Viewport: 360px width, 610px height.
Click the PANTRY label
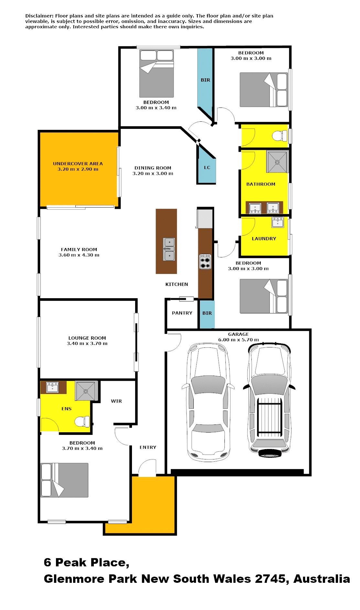[x=182, y=313]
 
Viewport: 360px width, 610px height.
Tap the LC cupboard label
[x=207, y=167]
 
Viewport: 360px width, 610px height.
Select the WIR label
[x=116, y=401]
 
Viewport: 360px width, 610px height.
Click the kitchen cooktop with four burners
[x=205, y=262]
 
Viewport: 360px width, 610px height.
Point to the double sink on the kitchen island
[x=169, y=249]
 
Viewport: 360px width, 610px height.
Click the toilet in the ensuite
[x=82, y=422]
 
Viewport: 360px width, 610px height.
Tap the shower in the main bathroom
[x=277, y=162]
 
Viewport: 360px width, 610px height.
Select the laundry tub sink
[x=278, y=222]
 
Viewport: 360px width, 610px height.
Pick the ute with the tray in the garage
[x=269, y=400]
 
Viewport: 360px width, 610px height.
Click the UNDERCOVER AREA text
[x=78, y=164]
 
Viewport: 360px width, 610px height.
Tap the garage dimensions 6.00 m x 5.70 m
[x=238, y=340]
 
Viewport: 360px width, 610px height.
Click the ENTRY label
[x=148, y=447]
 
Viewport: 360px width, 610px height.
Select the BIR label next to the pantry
[x=207, y=313]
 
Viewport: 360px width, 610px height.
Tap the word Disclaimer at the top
[x=39, y=16]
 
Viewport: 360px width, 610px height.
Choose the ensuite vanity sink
[x=52, y=387]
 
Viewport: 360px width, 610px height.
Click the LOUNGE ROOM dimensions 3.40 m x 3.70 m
[x=87, y=343]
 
